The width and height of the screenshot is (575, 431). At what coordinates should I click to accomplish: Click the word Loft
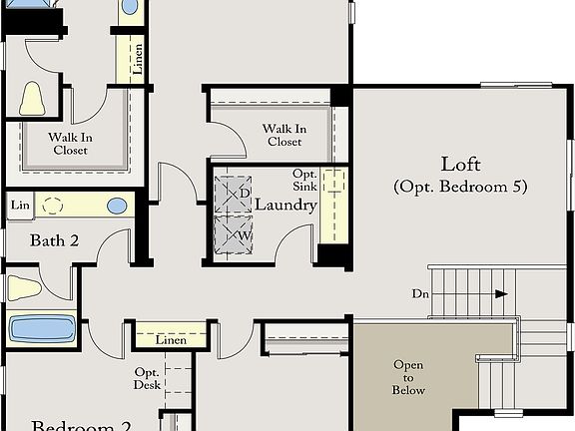point(460,164)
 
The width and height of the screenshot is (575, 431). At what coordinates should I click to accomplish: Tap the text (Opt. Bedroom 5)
point(460,187)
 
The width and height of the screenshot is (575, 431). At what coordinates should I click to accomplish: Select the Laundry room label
point(286,206)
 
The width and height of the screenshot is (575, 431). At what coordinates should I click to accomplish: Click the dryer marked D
point(238,192)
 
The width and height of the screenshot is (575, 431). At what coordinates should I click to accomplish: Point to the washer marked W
point(238,235)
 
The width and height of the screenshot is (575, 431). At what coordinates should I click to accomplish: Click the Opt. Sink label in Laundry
point(304,180)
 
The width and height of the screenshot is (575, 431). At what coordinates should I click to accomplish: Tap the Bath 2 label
point(54,240)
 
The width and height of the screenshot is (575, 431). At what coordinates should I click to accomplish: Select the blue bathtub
point(43,328)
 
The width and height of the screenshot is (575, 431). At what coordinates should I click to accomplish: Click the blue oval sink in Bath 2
point(118,206)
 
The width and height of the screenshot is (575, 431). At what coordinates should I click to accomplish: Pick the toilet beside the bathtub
point(24,288)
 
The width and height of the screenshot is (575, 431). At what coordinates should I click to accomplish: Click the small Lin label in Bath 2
point(19,206)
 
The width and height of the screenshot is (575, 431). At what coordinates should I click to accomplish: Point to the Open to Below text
point(408,377)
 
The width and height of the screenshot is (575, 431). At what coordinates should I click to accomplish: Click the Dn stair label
point(421,294)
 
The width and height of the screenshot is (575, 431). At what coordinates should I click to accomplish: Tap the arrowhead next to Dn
point(501,294)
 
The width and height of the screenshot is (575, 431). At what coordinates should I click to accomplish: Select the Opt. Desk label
point(148,378)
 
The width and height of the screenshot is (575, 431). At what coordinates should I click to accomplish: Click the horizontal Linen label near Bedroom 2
point(171,340)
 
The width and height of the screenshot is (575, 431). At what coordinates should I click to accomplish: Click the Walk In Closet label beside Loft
point(285,135)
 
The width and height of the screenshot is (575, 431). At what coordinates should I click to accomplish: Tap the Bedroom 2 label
point(82,425)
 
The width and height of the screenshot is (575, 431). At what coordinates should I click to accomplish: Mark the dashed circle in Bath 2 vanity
point(52,205)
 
